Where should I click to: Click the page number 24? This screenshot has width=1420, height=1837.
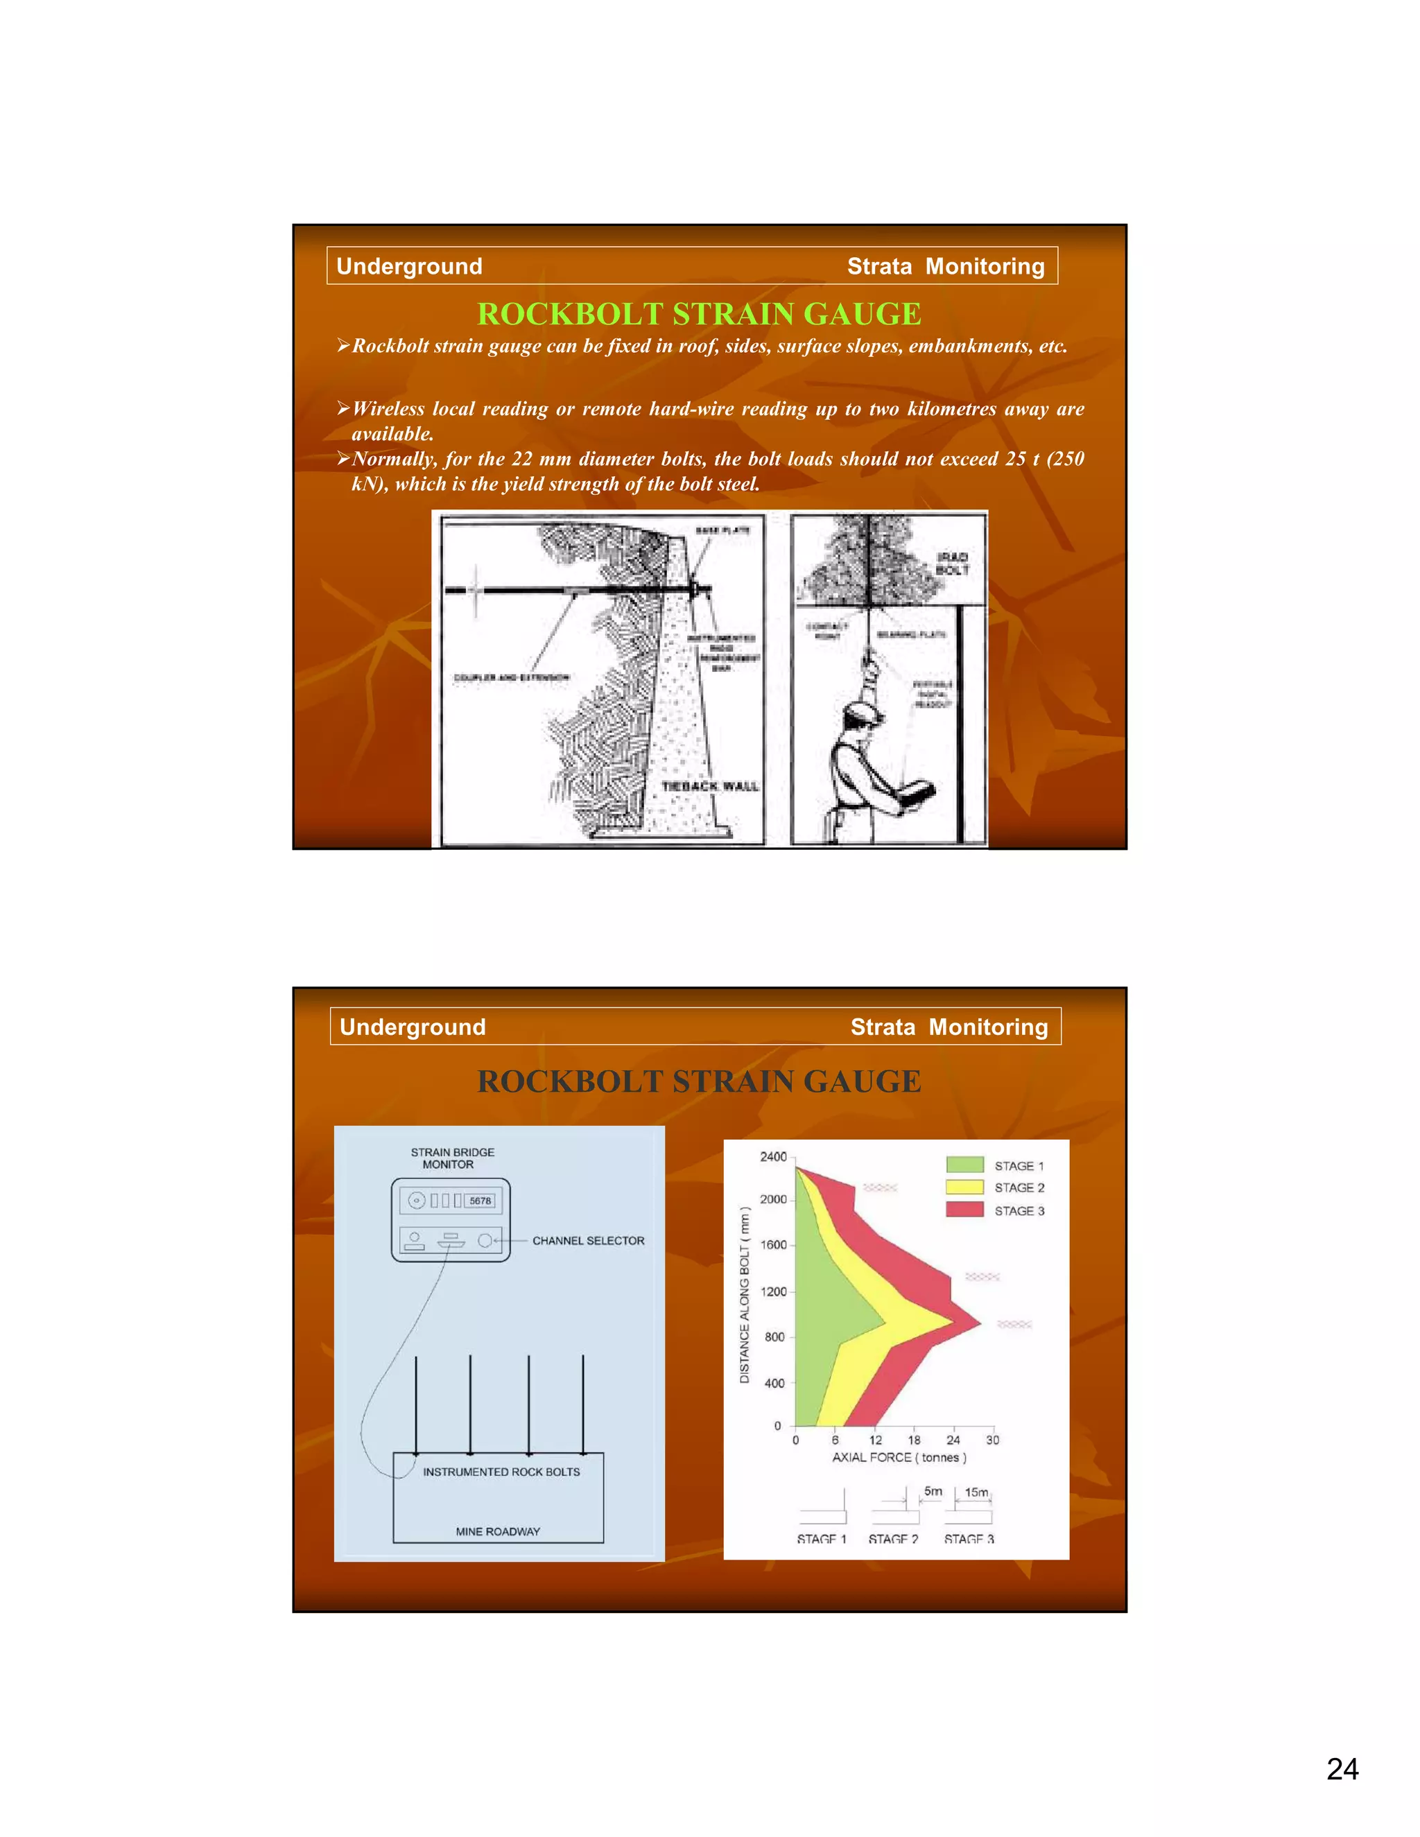(x=1342, y=1768)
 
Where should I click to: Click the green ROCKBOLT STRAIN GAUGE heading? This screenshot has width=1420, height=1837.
(x=698, y=314)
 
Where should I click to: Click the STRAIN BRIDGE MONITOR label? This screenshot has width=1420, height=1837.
(x=452, y=1158)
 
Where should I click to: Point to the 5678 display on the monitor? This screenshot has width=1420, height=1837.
(x=480, y=1200)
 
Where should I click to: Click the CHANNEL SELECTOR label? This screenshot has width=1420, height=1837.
(x=587, y=1241)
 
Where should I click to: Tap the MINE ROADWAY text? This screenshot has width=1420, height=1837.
(x=497, y=1531)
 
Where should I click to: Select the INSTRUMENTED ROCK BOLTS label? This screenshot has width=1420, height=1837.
(x=501, y=1472)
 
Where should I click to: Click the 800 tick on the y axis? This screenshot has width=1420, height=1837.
(x=774, y=1337)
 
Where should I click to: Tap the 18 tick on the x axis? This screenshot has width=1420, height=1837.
(x=914, y=1440)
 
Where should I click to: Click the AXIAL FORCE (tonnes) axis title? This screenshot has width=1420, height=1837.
(x=899, y=1457)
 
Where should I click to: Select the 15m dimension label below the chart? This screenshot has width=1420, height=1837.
(x=976, y=1492)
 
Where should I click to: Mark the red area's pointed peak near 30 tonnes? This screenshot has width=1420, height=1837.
(x=979, y=1323)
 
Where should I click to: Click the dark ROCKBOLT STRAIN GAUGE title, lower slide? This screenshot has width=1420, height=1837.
(x=698, y=1081)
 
